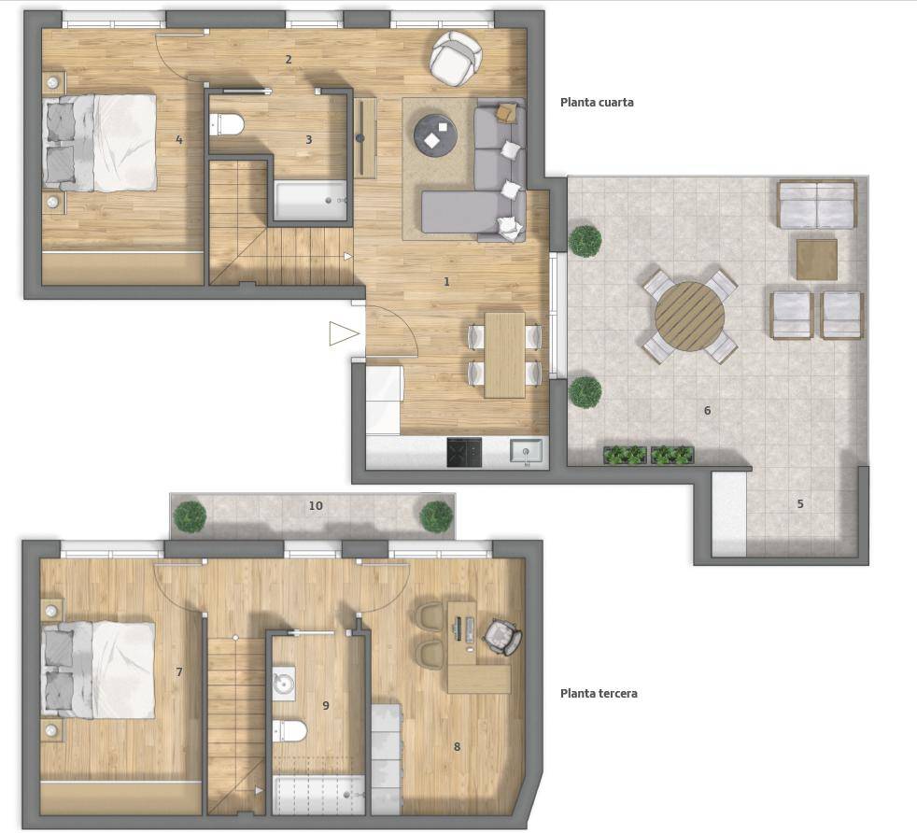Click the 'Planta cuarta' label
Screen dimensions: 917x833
point(597,103)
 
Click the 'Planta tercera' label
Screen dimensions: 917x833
point(599,694)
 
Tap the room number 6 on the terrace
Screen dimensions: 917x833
point(707,411)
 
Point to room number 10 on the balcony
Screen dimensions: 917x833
point(316,505)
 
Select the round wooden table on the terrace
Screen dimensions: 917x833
point(689,317)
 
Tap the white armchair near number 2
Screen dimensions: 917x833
point(456,58)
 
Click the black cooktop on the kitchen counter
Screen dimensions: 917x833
point(464,452)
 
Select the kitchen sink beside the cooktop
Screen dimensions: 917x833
point(527,453)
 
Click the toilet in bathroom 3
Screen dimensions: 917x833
point(227,124)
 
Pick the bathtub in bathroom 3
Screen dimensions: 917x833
point(311,201)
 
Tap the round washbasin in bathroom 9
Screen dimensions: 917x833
point(284,684)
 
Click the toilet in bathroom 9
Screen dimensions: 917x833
point(289,731)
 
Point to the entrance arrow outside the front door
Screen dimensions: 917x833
point(344,334)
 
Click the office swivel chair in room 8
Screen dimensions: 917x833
point(502,637)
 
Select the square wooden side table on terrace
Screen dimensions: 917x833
point(817,259)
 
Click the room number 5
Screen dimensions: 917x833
point(800,503)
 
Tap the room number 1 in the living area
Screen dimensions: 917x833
point(446,282)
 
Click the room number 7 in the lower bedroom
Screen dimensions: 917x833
point(179,672)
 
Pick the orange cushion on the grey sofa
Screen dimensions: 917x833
point(506,112)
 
